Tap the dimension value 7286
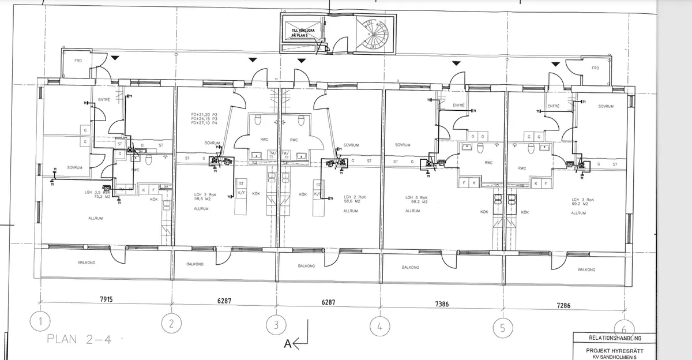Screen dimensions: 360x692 pyautogui.click(x=563, y=305)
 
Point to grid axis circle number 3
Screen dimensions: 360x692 pyautogui.click(x=276, y=325)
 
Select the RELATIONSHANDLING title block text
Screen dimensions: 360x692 pyautogui.click(x=614, y=339)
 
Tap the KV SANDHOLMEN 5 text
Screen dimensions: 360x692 pyautogui.click(x=614, y=356)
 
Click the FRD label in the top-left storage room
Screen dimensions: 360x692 pyautogui.click(x=78, y=61)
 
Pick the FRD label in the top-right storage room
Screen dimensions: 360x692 pyautogui.click(x=596, y=68)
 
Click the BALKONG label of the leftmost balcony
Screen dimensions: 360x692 pyautogui.click(x=86, y=262)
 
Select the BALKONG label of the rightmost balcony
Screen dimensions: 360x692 pyautogui.click(x=586, y=269)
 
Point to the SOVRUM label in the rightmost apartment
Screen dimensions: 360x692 pyautogui.click(x=605, y=106)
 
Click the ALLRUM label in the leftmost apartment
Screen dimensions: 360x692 pyautogui.click(x=96, y=219)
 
